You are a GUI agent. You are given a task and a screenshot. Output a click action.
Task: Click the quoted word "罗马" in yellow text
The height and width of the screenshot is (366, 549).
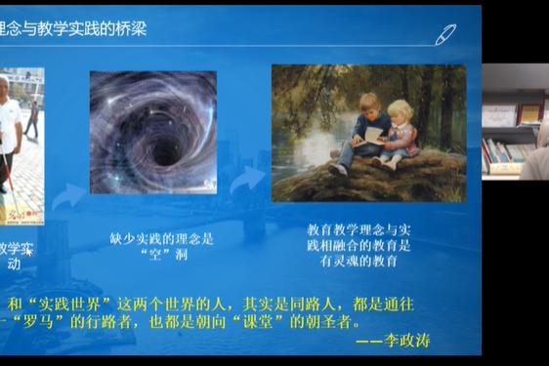pyautogui.click(x=51, y=319)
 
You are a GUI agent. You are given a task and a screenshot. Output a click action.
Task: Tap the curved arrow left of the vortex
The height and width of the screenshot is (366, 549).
pyautogui.click(x=68, y=198)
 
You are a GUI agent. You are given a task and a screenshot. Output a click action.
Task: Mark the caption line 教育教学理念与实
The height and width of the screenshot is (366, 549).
pyautogui.click(x=359, y=229)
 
